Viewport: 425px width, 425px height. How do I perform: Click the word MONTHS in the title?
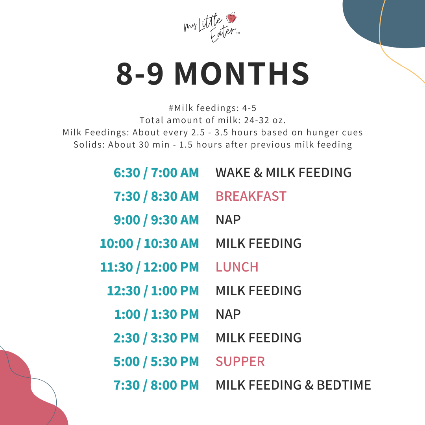pyautogui.click(x=242, y=74)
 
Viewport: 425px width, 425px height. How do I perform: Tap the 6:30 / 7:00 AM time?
pyautogui.click(x=156, y=172)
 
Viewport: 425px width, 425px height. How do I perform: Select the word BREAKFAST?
pyautogui.click(x=251, y=196)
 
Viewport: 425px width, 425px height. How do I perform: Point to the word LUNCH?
pyautogui.click(x=237, y=267)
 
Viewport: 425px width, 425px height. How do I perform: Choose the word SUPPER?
pyautogui.click(x=240, y=361)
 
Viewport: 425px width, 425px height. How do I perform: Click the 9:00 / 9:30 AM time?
pyautogui.click(x=156, y=220)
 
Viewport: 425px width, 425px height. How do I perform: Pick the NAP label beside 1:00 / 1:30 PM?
pyautogui.click(x=228, y=314)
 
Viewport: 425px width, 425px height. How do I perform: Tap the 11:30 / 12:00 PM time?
pyautogui.click(x=150, y=267)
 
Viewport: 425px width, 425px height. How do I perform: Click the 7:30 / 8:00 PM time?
pyautogui.click(x=156, y=385)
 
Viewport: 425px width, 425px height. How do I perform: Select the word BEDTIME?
pyautogui.click(x=344, y=385)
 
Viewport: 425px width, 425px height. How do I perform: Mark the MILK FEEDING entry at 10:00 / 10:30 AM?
pyautogui.click(x=259, y=243)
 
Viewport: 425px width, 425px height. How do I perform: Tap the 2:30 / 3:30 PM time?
pyautogui.click(x=156, y=338)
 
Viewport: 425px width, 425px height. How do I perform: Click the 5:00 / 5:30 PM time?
pyautogui.click(x=156, y=361)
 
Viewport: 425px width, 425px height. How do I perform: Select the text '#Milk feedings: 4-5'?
pyautogui.click(x=213, y=107)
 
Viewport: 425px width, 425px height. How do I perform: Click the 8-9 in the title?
pyautogui.click(x=140, y=74)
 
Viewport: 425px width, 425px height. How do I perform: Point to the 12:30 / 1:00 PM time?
pyautogui.click(x=153, y=290)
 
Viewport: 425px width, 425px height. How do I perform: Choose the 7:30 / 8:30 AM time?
pyautogui.click(x=156, y=196)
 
